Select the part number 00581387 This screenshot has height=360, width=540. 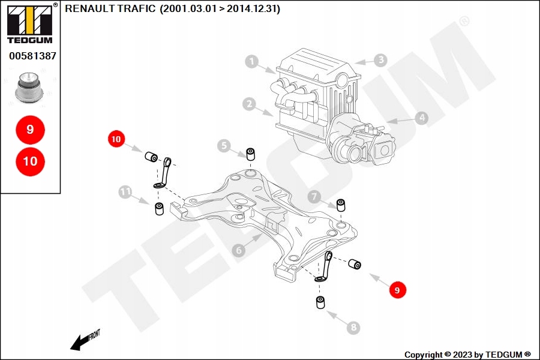coord(32,56)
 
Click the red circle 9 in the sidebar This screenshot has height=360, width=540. coord(30,129)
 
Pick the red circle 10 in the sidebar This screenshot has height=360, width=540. coord(30,161)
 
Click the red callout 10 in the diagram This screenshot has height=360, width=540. coord(116,139)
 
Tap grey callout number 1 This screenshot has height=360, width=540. coord(251,61)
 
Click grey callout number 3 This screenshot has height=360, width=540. coord(380,60)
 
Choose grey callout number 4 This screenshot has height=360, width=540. coord(422,118)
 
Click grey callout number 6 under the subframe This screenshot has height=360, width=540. coord(239,250)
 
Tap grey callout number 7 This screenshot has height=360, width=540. coord(314,196)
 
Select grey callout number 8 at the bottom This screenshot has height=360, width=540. coord(353,328)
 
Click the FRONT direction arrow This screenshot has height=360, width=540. coord(82,341)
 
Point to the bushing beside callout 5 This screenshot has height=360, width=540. coord(251,153)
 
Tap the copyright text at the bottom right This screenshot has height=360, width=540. coord(467,355)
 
